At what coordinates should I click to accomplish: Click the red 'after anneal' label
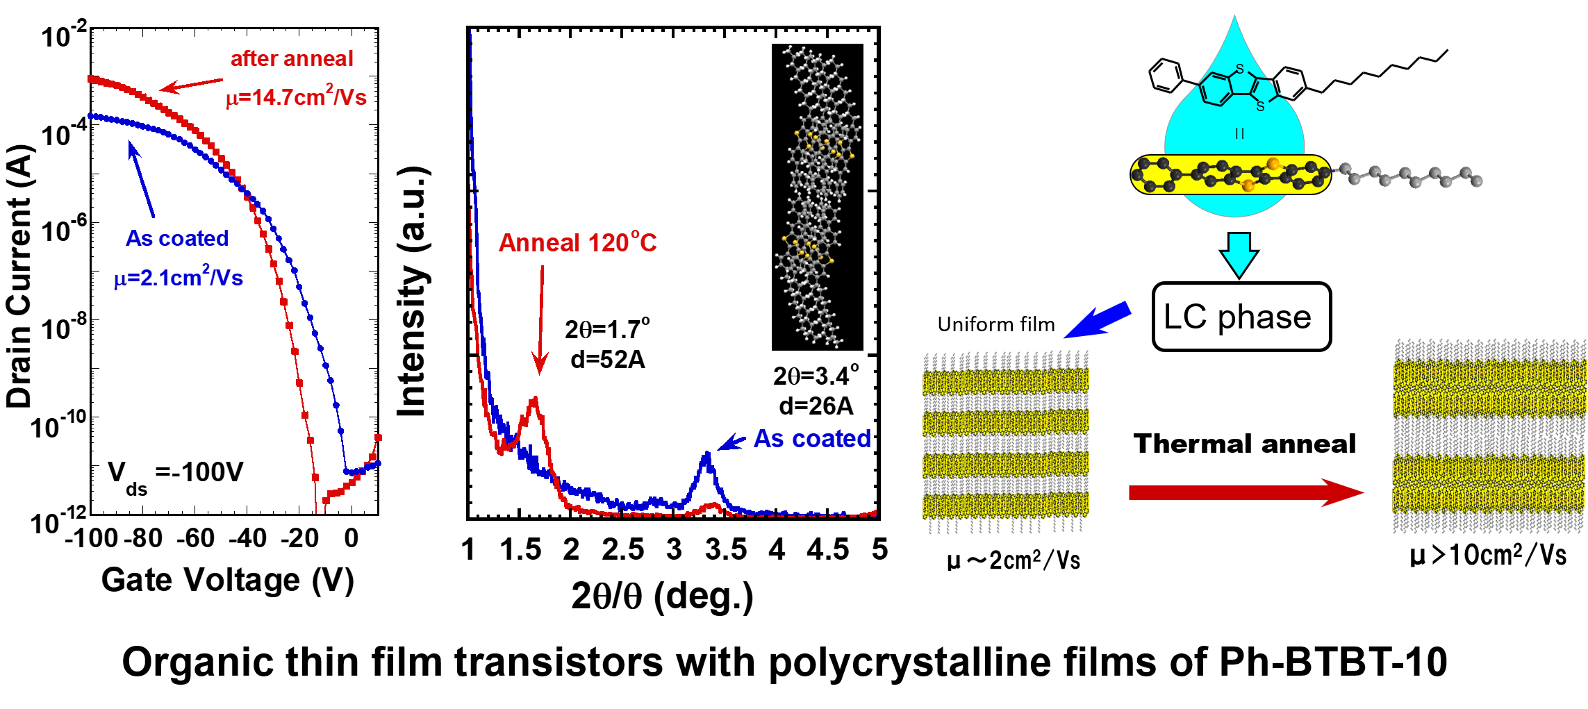292,59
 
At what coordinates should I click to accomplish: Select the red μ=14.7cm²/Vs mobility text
297,97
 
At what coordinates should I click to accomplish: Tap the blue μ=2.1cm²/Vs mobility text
179,278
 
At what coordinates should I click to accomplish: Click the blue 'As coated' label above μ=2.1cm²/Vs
177,238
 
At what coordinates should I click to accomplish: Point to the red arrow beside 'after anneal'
192,85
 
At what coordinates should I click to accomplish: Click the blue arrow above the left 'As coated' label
142,179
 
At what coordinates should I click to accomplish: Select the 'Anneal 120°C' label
577,242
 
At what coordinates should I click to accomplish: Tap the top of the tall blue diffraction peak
707,454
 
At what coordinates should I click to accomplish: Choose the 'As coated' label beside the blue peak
812,438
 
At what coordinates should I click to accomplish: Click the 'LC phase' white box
1241,317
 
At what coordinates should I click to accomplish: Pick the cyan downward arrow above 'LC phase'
1239,254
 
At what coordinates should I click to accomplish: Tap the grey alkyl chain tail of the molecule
1410,176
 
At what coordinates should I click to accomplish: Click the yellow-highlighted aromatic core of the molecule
1230,174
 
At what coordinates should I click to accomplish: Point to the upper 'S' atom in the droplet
1240,69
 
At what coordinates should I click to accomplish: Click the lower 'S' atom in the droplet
1260,107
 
